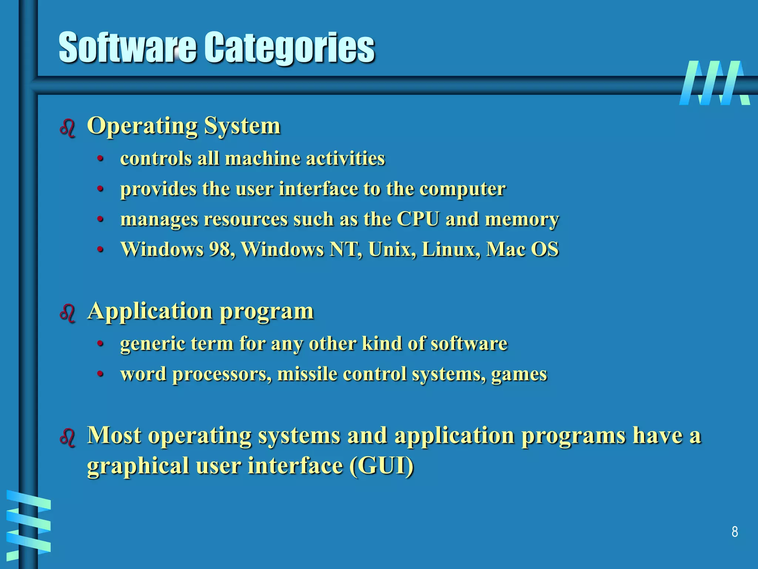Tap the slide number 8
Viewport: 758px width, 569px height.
[735, 532]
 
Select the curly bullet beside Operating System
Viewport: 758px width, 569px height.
[67, 128]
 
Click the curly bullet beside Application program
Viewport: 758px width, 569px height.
[67, 313]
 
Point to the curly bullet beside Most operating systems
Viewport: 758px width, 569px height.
[67, 437]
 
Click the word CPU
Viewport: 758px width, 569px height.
[418, 219]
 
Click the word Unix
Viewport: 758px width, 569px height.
[391, 249]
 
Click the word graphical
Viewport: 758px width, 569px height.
[138, 466]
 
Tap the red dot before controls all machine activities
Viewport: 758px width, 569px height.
[100, 159]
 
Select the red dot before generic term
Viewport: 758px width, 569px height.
[100, 344]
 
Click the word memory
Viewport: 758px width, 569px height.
[522, 219]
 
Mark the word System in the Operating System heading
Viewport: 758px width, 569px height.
[242, 126]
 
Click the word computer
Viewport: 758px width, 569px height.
[462, 189]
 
